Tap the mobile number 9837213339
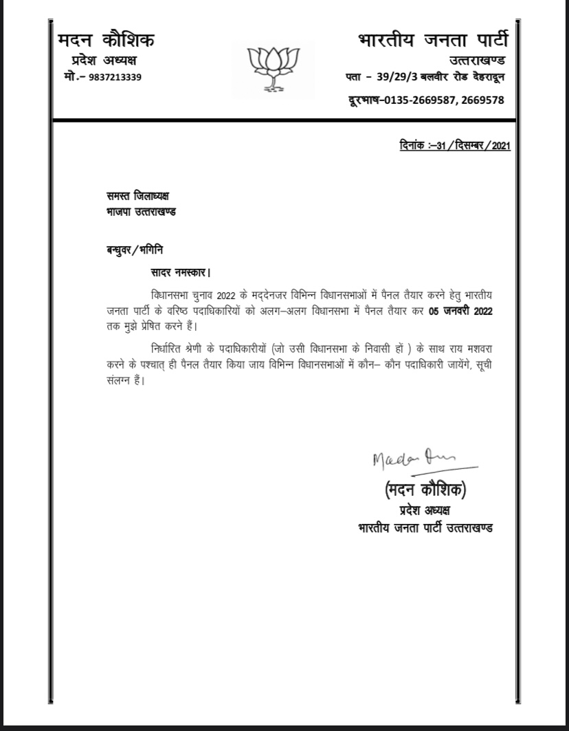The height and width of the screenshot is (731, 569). [115, 77]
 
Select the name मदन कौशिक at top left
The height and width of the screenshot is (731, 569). [106, 41]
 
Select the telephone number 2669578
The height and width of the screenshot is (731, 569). [483, 100]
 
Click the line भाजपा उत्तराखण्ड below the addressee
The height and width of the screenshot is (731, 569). [136, 212]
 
